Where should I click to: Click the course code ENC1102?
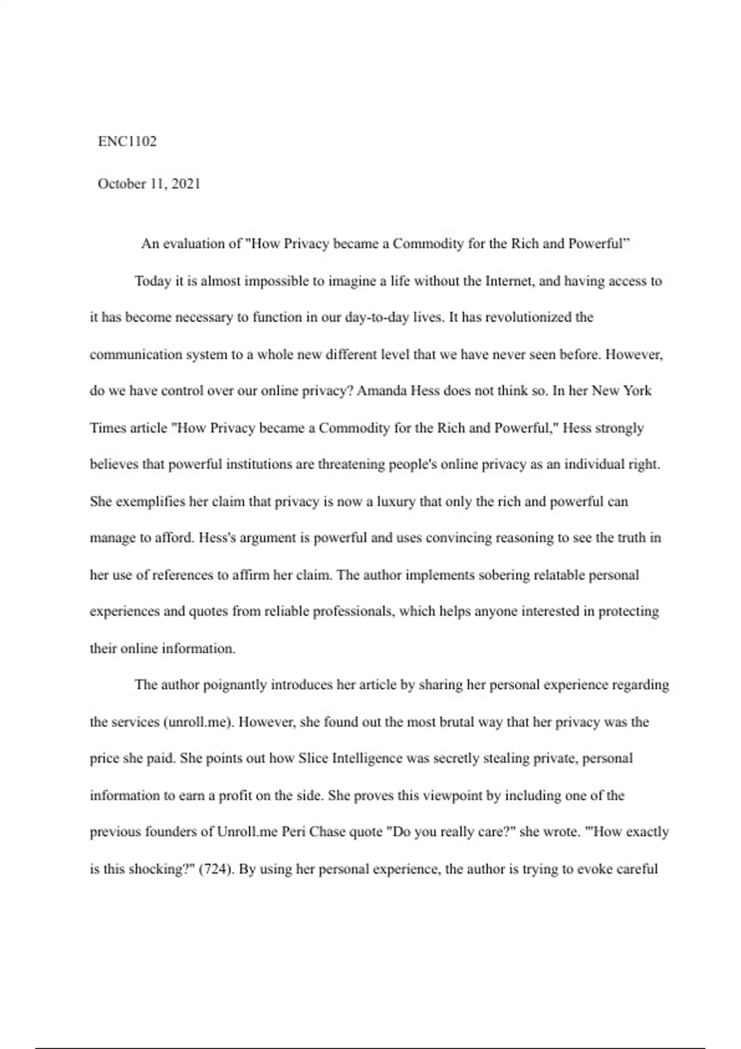(x=127, y=141)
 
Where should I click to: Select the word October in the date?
(x=120, y=184)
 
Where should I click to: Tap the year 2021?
(x=186, y=184)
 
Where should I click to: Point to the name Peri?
(x=294, y=832)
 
